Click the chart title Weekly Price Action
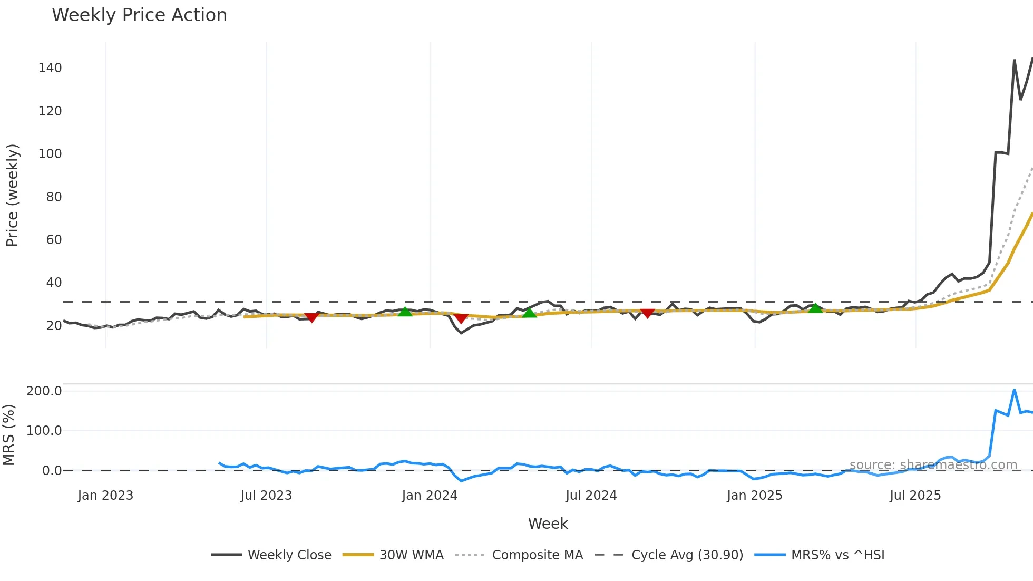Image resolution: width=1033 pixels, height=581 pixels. [139, 15]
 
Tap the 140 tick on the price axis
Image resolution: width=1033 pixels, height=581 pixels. [50, 68]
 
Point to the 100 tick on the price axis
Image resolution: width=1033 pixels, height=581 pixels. [50, 154]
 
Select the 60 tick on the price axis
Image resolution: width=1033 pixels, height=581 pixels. [54, 240]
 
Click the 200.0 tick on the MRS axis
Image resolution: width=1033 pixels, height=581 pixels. [44, 391]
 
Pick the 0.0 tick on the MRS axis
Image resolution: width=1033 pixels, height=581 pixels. [52, 471]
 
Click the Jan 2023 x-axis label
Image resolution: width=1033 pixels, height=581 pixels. [105, 496]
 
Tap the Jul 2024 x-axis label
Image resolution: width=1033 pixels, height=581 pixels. [591, 496]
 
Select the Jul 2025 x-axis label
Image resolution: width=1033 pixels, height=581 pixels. [915, 496]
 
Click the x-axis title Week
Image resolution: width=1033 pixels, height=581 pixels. [548, 524]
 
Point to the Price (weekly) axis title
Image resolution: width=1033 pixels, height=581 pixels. [12, 195]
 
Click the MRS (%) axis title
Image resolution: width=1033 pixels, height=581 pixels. [8, 435]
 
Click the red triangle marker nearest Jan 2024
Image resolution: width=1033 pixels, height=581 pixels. [461, 318]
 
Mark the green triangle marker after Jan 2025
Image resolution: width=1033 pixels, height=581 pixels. [815, 308]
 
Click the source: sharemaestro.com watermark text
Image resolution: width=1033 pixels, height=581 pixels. [933, 465]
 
